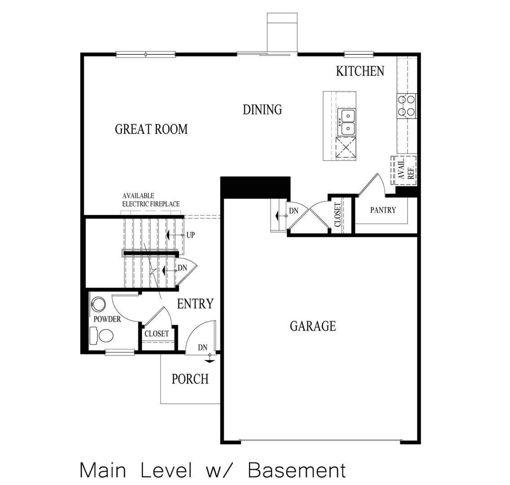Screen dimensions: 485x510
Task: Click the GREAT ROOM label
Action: click(151, 129)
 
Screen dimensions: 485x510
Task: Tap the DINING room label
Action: click(262, 110)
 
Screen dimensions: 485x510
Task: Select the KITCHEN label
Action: click(360, 71)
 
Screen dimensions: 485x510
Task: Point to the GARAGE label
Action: click(313, 326)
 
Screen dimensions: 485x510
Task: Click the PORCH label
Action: click(190, 379)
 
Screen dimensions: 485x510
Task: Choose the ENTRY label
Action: click(195, 304)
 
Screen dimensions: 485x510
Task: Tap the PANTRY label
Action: click(383, 210)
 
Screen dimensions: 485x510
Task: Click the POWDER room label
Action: click(107, 319)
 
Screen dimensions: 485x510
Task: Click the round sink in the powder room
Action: click(98, 304)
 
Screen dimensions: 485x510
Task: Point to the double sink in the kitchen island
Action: click(346, 122)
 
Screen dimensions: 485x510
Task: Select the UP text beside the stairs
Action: click(191, 235)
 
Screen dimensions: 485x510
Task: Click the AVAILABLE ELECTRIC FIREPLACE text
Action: click(151, 200)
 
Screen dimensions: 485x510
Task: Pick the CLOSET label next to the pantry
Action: click(338, 215)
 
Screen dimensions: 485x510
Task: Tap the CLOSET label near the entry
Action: click(156, 334)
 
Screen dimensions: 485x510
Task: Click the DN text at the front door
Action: click(203, 348)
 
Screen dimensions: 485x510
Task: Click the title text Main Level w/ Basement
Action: click(213, 470)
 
